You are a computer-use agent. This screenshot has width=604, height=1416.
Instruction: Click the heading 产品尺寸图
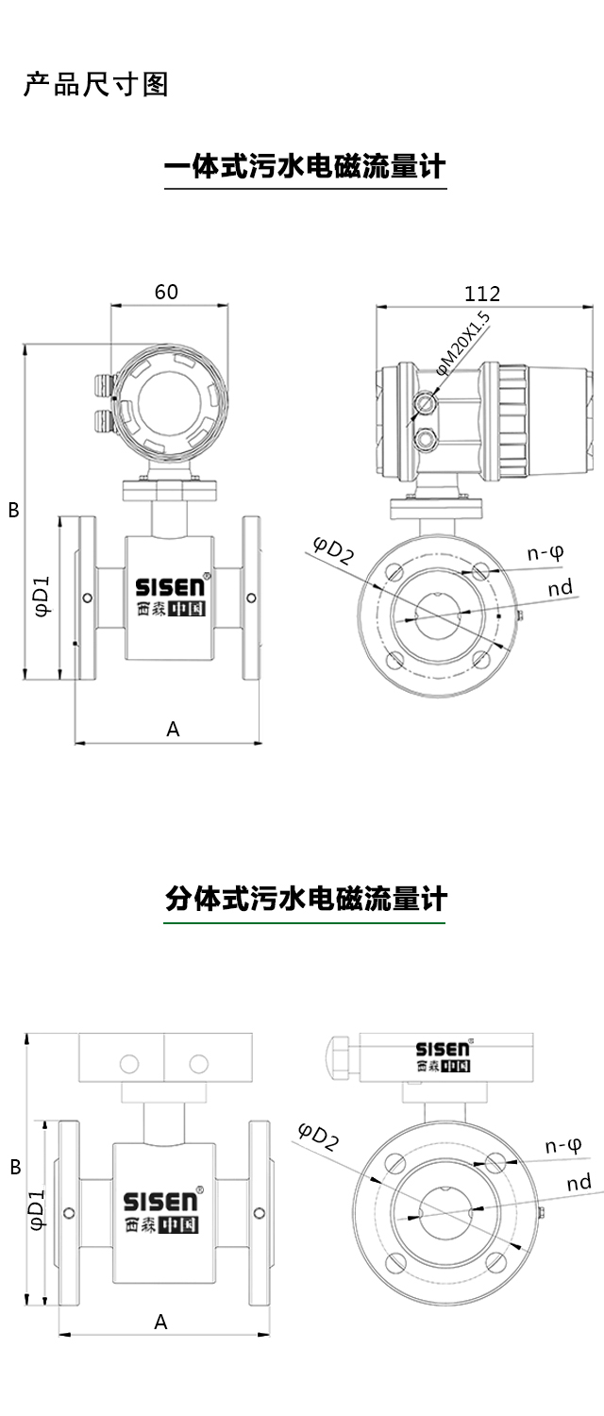click(95, 85)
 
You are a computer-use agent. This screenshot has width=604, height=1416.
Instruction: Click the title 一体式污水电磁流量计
click(304, 168)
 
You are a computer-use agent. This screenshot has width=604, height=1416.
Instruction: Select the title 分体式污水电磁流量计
click(304, 899)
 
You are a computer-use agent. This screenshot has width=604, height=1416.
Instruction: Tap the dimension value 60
click(166, 293)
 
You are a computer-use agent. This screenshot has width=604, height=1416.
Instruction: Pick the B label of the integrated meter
click(13, 510)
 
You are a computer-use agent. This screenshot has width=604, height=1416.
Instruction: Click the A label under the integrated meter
click(173, 728)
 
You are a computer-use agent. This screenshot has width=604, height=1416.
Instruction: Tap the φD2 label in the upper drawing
click(333, 549)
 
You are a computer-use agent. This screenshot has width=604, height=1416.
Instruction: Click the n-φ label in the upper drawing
click(545, 553)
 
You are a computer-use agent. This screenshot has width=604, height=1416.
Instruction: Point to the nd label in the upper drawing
click(560, 588)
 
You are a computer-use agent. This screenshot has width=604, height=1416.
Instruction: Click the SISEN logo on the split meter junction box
click(443, 1049)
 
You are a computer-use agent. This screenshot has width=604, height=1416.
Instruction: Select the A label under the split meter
click(160, 1322)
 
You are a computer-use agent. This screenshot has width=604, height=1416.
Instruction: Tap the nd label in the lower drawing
click(579, 1183)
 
